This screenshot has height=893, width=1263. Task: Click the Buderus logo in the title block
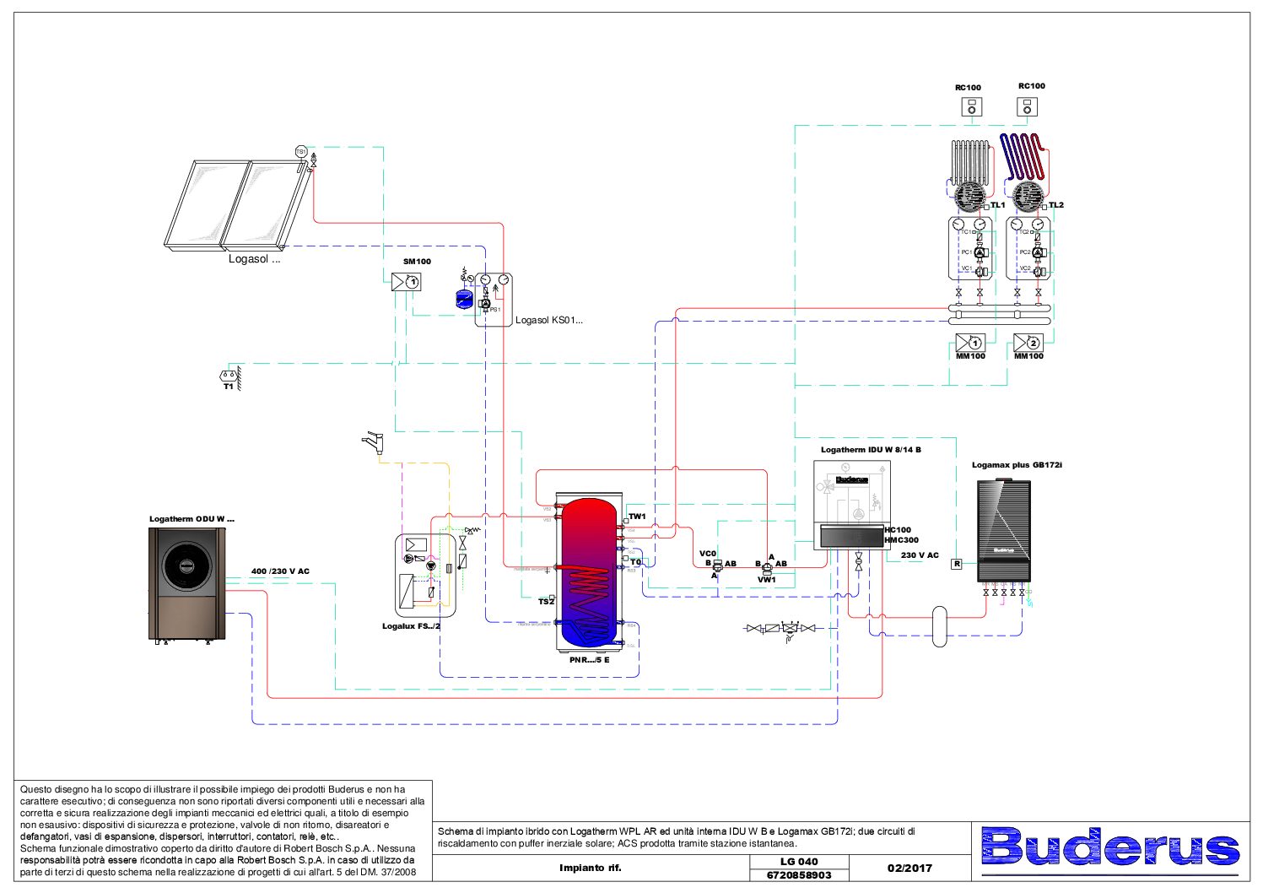click(x=1110, y=847)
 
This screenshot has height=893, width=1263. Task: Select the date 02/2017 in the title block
click(x=909, y=868)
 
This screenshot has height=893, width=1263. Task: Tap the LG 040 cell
click(x=799, y=861)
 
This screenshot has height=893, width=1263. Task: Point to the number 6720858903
click(x=799, y=875)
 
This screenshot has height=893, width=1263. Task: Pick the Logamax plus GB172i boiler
click(x=1003, y=530)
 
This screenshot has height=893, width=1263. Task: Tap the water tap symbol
click(x=372, y=441)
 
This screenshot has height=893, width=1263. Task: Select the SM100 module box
click(x=407, y=282)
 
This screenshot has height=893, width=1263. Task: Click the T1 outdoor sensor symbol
click(x=228, y=375)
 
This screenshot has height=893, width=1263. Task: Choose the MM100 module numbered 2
click(x=1028, y=343)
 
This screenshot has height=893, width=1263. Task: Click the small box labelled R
click(x=957, y=564)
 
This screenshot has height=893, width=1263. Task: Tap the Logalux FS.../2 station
click(x=425, y=575)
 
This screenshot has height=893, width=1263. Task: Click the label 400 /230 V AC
click(x=280, y=571)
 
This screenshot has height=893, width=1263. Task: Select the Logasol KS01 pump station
click(x=494, y=300)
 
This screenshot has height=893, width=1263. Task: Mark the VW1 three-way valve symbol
click(x=766, y=568)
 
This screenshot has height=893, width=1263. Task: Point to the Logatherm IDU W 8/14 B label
click(x=871, y=450)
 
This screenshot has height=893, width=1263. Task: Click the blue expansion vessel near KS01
click(x=464, y=298)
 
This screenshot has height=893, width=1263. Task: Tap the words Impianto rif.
click(x=590, y=868)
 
